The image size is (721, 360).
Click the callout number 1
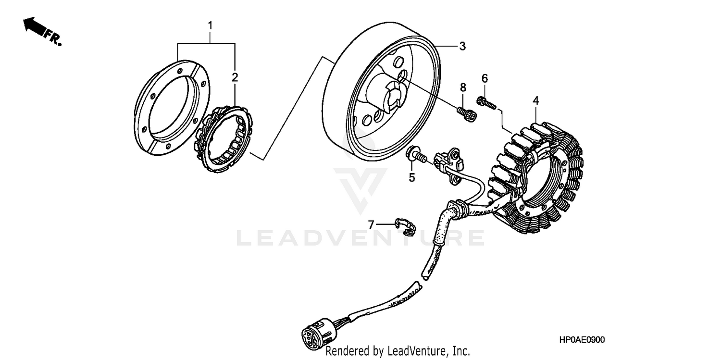[210, 25]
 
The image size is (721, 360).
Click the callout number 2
[235, 77]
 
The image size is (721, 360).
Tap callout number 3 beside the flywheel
[462, 46]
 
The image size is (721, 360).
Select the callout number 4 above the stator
[535, 100]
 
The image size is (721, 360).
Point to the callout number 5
[412, 177]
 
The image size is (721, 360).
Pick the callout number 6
[485, 78]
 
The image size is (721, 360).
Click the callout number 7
[371, 224]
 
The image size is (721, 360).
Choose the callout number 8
[463, 87]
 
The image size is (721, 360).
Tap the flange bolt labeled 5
[416, 155]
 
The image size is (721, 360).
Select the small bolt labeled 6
[485, 102]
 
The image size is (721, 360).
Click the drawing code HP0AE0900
[582, 340]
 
